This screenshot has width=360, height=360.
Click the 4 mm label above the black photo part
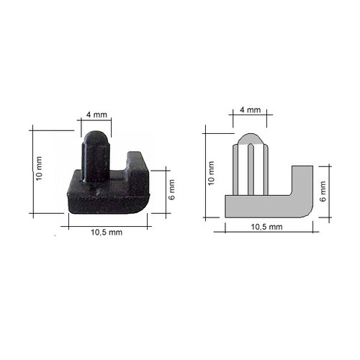96,114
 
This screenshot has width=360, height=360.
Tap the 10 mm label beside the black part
39,168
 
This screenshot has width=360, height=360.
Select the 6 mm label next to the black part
172,190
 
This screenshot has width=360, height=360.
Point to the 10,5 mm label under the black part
107,233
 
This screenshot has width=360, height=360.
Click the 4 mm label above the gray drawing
251,110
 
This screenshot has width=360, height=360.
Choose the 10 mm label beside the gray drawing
211,174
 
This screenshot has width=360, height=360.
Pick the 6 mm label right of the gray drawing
323,192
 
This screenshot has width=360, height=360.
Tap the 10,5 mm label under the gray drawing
266,227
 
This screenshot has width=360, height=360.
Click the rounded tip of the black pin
96,135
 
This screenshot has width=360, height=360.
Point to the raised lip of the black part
138,161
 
